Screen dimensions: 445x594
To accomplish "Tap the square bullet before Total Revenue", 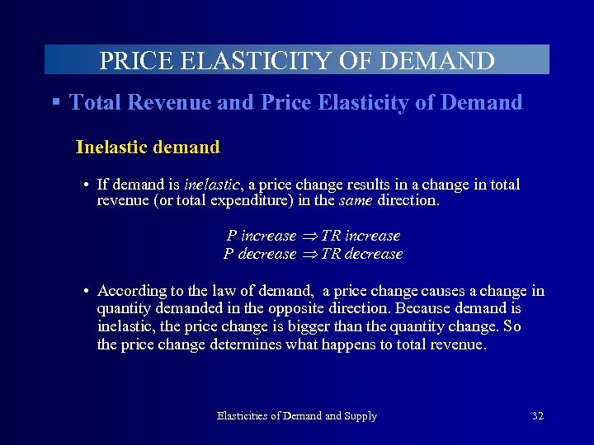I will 56,102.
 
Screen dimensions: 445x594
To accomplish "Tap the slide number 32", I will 538,416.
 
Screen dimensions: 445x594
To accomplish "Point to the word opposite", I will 299,308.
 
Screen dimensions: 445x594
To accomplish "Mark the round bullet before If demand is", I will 87,185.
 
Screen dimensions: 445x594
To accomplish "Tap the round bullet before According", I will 87,291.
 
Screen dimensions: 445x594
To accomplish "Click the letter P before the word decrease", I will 229,254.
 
